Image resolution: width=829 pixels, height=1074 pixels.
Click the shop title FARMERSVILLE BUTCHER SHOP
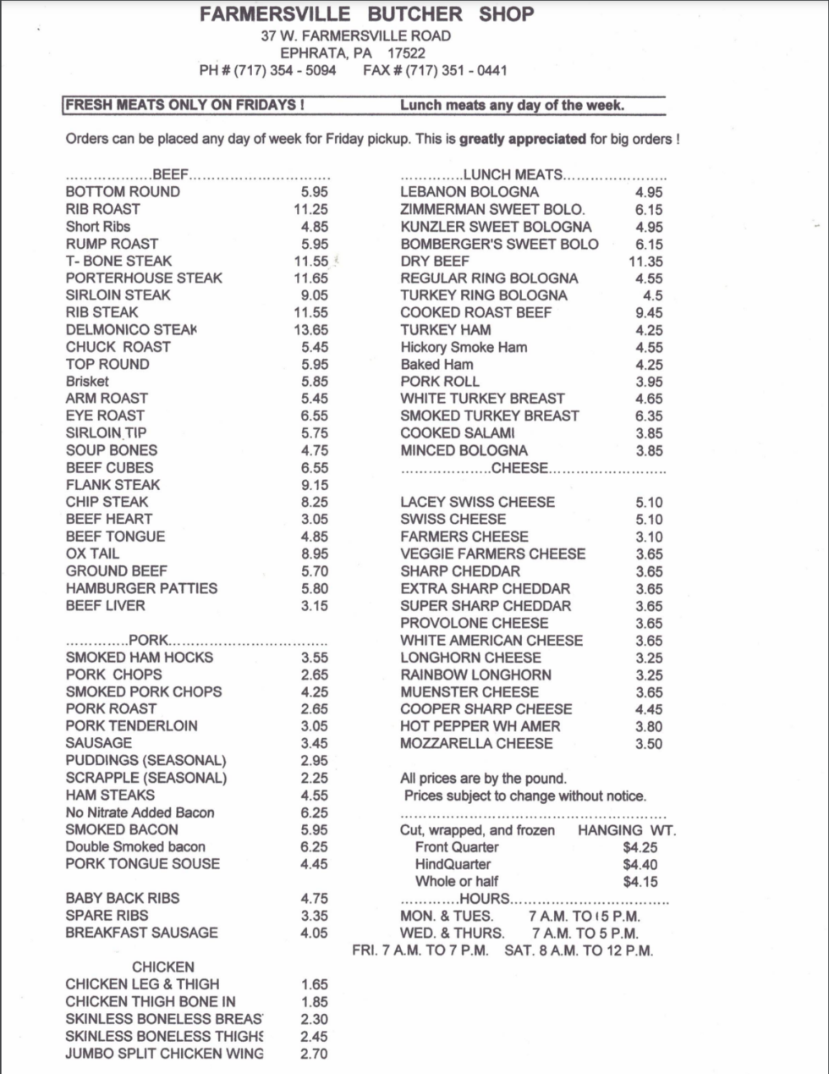[367, 14]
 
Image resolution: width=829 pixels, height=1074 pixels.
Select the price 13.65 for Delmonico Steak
[310, 330]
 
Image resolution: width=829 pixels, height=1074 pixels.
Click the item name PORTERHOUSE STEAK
[144, 278]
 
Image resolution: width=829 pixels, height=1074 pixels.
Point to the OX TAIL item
[92, 554]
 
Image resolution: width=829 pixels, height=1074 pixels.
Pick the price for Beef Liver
[314, 606]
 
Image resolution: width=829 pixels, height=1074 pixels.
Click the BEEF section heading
[170, 174]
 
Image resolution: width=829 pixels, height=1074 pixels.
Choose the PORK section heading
[148, 640]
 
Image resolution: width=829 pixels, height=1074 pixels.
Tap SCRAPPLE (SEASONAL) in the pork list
[145, 778]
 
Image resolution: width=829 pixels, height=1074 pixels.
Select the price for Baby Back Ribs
[314, 899]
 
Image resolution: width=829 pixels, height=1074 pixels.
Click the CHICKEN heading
[162, 967]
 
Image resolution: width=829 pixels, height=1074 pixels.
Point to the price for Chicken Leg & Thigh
[314, 984]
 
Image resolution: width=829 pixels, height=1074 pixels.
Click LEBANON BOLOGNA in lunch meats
[469, 192]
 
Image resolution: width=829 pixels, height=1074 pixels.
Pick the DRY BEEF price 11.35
[645, 262]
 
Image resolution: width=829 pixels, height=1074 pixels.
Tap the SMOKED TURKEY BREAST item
[489, 416]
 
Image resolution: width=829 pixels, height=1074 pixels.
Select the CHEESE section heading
[519, 467]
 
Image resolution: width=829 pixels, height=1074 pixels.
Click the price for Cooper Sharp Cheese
[649, 709]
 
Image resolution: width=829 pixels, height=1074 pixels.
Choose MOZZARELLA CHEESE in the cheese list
[476, 743]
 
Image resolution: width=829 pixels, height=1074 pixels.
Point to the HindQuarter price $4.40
[640, 864]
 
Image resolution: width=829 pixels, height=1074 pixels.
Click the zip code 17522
[406, 52]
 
